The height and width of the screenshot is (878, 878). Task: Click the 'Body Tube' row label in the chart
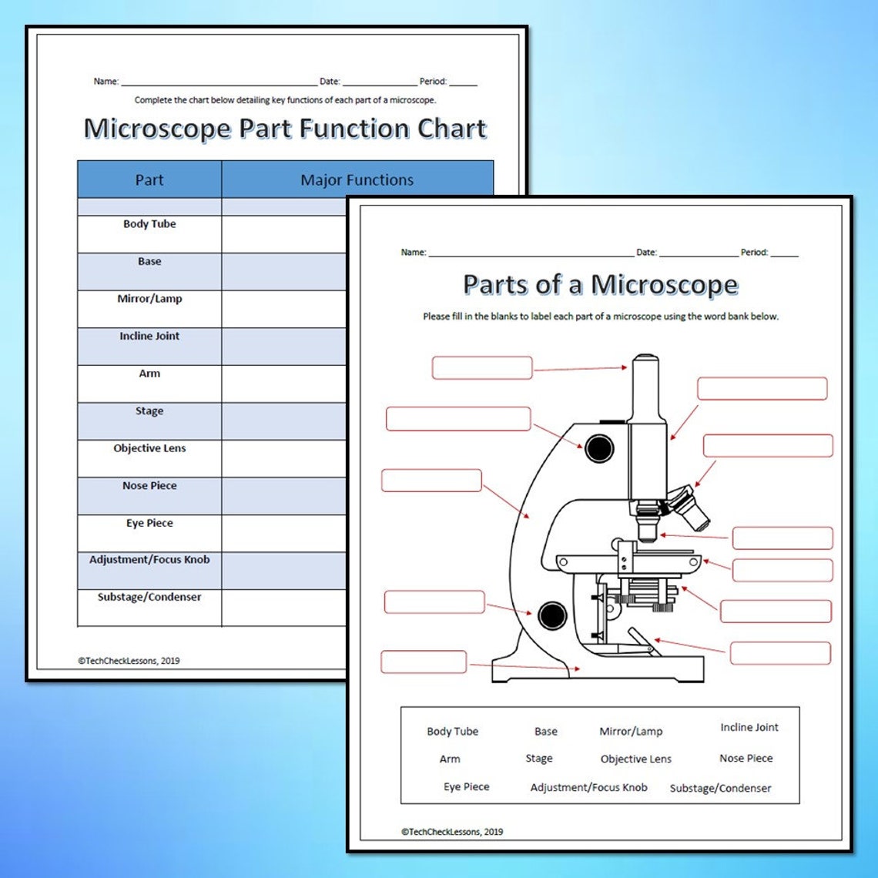click(149, 224)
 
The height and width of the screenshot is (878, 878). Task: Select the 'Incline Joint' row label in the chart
click(149, 337)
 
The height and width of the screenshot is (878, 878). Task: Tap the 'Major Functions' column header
click(357, 180)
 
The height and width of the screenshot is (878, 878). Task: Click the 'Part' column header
click(149, 180)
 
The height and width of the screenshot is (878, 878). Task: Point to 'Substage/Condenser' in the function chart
click(149, 597)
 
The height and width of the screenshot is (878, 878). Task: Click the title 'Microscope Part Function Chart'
click(285, 129)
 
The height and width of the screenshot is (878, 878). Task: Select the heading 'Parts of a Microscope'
click(600, 285)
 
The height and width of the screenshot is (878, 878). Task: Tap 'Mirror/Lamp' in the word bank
click(631, 732)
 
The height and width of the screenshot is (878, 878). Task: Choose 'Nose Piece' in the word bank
click(746, 759)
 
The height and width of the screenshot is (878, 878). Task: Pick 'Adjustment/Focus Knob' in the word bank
click(588, 787)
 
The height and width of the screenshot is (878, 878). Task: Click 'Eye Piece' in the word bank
click(466, 787)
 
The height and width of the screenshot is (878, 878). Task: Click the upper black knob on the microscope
click(599, 447)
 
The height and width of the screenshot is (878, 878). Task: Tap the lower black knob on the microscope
click(552, 615)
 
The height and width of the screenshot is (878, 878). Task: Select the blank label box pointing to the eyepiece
click(482, 368)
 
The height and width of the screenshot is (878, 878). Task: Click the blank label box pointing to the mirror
click(779, 653)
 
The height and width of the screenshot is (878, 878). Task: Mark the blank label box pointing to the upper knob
click(458, 419)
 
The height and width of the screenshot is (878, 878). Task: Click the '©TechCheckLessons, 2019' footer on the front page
click(452, 832)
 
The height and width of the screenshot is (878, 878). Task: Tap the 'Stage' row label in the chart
click(149, 411)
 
